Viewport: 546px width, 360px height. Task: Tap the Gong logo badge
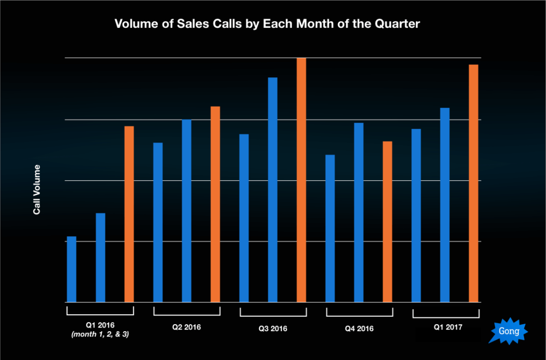pos(508,331)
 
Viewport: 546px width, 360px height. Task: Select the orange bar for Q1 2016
pos(129,214)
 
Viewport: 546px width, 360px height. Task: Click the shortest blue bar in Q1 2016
pos(71,269)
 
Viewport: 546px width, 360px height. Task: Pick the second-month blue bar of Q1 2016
pos(100,258)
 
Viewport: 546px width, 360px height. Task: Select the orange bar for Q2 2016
pos(215,204)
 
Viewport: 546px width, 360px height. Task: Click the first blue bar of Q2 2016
pos(158,222)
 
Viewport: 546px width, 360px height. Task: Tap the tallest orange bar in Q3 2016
pos(301,180)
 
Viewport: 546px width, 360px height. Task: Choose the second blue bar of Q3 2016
pos(272,190)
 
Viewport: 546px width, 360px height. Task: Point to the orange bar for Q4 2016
pos(388,222)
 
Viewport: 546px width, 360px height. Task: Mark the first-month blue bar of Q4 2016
pos(330,228)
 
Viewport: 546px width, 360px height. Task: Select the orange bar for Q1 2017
pos(473,183)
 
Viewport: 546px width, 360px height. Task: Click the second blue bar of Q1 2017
pos(445,205)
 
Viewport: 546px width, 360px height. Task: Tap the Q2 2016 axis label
pos(186,326)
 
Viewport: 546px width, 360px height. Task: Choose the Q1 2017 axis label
pos(445,326)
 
